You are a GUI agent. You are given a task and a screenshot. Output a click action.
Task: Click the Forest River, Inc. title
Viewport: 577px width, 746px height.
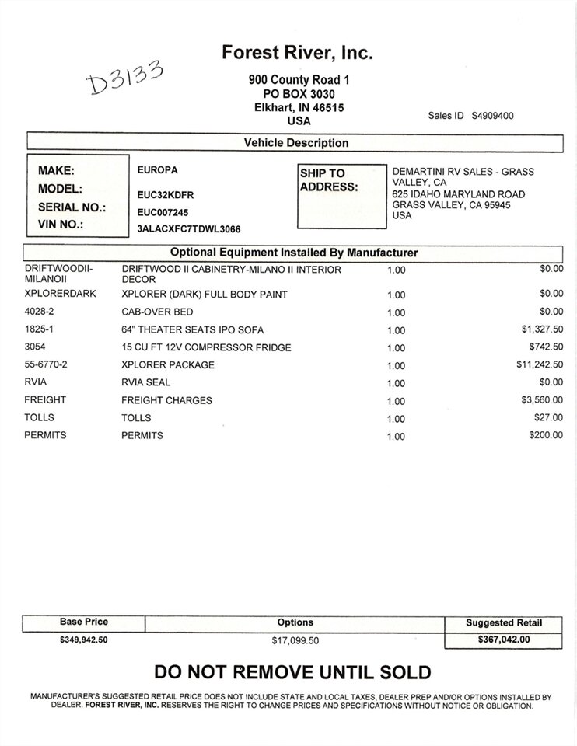tap(298, 53)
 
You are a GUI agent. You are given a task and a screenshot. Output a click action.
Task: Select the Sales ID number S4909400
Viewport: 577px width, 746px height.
tap(492, 116)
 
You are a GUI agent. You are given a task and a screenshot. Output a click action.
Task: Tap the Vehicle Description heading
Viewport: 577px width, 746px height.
tap(296, 143)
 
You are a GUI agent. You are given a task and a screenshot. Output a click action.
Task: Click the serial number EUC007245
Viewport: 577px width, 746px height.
tap(163, 211)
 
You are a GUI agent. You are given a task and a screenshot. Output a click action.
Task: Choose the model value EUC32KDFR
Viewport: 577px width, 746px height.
tap(165, 194)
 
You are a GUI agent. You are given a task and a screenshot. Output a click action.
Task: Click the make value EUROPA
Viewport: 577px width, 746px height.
tap(157, 169)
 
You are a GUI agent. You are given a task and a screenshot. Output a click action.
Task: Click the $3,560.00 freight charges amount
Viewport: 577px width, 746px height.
tap(542, 400)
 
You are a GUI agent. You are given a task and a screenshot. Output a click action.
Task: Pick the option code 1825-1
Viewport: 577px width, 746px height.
tap(41, 329)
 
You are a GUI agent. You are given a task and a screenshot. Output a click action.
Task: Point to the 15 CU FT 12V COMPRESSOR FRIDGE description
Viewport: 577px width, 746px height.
tap(206, 347)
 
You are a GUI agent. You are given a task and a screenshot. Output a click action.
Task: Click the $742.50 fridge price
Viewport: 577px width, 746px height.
tap(545, 347)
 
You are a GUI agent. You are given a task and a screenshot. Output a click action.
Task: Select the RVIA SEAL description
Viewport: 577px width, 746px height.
tap(145, 382)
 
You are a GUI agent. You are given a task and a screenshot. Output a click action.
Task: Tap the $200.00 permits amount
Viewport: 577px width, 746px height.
tap(546, 435)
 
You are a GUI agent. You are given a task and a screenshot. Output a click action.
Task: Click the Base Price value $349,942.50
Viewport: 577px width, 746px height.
tap(83, 640)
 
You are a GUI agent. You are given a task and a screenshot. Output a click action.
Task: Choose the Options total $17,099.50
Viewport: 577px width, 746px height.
tap(295, 640)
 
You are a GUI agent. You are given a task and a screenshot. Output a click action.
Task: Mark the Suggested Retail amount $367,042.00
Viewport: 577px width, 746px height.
tap(503, 640)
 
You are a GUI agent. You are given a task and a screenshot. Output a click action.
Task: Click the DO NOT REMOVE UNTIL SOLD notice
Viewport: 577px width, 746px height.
tap(292, 672)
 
